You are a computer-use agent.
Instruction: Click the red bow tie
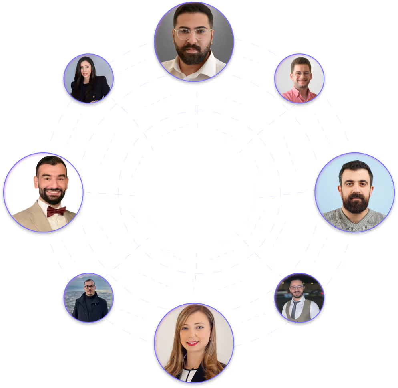[x=56, y=211]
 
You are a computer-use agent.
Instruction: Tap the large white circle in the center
[x=199, y=192]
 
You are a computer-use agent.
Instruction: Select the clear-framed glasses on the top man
[x=193, y=34]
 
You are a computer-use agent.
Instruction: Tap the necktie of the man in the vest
[x=295, y=309]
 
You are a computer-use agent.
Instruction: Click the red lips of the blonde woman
[x=192, y=343]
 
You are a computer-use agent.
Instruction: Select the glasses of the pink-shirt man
[x=301, y=74]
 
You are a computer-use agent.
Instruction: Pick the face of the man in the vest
[x=297, y=291]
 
